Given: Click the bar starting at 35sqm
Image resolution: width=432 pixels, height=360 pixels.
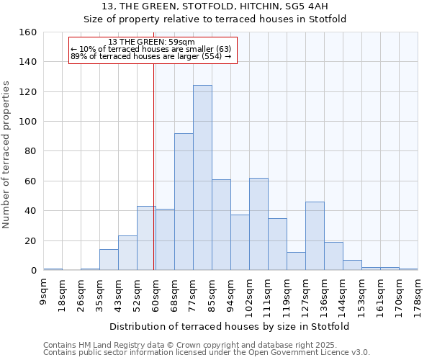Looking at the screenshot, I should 109,260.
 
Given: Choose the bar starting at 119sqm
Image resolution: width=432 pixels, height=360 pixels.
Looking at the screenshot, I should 296,261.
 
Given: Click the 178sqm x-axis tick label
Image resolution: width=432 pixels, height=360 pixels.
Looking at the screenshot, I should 418,294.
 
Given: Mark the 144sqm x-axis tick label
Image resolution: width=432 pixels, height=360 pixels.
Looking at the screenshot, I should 343,294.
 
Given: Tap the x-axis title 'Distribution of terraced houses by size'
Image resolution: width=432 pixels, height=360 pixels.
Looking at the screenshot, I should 230,327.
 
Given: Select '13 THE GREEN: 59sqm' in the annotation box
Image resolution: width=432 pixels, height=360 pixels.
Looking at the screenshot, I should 151,42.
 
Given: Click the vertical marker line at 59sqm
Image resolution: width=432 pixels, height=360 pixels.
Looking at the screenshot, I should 154,180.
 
